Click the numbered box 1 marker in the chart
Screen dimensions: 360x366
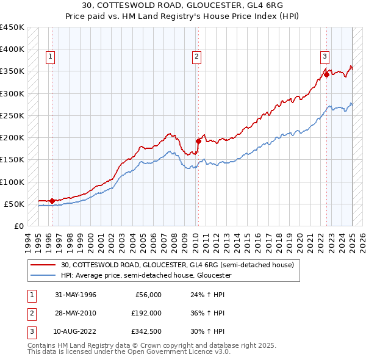(49, 57)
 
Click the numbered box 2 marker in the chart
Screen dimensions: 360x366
(197, 57)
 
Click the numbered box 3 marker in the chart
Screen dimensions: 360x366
(325, 57)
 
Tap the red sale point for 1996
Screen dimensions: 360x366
(52, 200)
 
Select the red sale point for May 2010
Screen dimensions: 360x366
(198, 141)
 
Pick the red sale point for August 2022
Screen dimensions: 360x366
(327, 74)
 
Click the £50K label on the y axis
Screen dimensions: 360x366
(15, 204)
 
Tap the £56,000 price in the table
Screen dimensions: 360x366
(147, 295)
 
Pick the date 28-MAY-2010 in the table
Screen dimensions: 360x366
(76, 313)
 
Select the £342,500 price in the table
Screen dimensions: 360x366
(145, 331)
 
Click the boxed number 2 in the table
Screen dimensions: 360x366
(30, 313)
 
